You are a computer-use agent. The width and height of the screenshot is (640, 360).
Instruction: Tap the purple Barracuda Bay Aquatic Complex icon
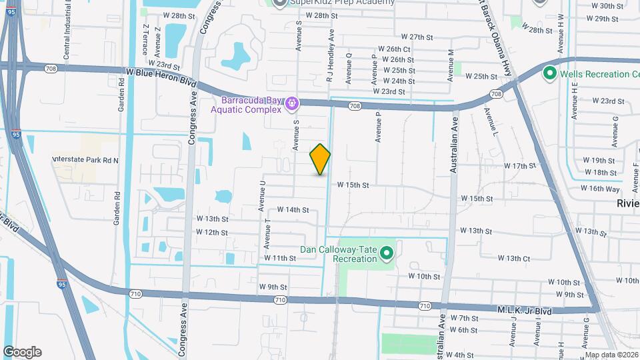pyautogui.click(x=291, y=104)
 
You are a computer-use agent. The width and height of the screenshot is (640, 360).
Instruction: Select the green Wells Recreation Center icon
pyautogui.click(x=551, y=73)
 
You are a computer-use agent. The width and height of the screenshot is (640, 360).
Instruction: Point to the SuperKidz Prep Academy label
pyautogui.click(x=333, y=3)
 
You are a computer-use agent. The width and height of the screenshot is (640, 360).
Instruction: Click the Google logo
pyautogui.click(x=22, y=351)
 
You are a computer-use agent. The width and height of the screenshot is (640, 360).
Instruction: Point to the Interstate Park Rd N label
pyautogui.click(x=85, y=160)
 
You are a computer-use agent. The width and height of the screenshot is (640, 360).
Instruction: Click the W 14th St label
pyautogui.click(x=293, y=209)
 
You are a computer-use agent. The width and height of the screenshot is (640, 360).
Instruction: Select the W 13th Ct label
pyautogui.click(x=513, y=258)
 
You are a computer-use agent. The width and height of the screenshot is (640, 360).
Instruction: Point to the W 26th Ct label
pyautogui.click(x=398, y=49)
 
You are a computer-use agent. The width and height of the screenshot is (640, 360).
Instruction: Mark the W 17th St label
pyautogui.click(x=520, y=165)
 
